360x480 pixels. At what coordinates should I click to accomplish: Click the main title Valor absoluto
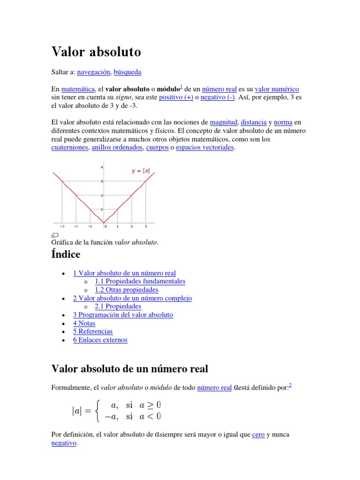coord(96,52)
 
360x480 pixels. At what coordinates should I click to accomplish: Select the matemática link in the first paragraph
coord(78,89)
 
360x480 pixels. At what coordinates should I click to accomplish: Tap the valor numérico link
coord(277,89)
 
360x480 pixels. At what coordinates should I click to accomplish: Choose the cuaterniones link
coord(69,148)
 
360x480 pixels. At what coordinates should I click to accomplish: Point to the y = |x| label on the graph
coord(141,171)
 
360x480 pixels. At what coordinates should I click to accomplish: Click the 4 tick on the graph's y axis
coord(102,167)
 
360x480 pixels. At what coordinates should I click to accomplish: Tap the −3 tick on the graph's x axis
coord(62,226)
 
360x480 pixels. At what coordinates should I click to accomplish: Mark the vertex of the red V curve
coord(104,223)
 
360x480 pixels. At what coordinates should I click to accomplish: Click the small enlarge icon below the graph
coord(54,235)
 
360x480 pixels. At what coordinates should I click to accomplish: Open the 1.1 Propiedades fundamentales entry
coord(140,281)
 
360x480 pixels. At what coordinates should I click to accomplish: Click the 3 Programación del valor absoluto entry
coord(123,315)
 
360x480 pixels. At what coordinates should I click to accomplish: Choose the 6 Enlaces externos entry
coord(100,340)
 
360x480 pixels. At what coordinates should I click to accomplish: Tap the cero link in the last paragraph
coord(258,435)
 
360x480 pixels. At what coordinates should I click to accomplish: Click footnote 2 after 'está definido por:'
coord(290,386)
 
